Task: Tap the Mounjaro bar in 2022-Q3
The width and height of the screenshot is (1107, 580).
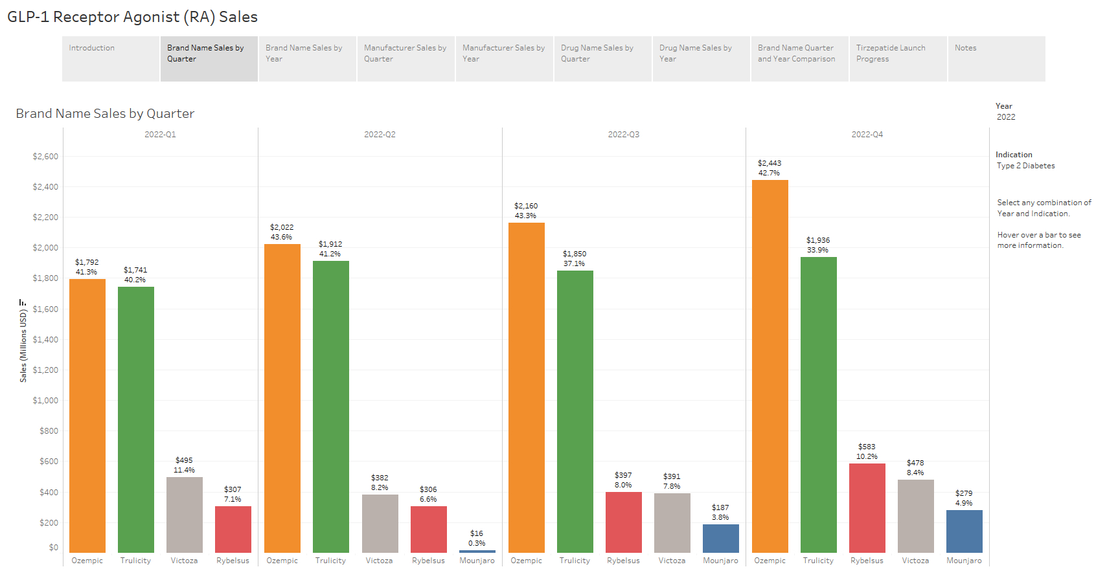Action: pos(720,538)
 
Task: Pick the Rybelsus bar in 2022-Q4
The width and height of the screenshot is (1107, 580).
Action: pos(867,507)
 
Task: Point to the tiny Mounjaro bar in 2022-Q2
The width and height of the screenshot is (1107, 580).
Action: pos(477,552)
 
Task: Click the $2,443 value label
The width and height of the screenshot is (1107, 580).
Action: pos(770,163)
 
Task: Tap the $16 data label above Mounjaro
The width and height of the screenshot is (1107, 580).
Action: pos(477,533)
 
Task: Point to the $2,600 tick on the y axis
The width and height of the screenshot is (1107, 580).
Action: pos(45,157)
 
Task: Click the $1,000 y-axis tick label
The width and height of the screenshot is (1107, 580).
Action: pos(45,401)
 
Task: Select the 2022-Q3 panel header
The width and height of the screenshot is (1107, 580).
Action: pos(623,135)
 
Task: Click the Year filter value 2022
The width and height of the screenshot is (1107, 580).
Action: pos(1006,117)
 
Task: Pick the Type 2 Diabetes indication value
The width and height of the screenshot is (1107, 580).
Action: pos(1025,166)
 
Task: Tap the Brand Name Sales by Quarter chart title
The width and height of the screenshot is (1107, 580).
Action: pos(105,114)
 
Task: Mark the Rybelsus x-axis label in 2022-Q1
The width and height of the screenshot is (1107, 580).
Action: pos(233,561)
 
